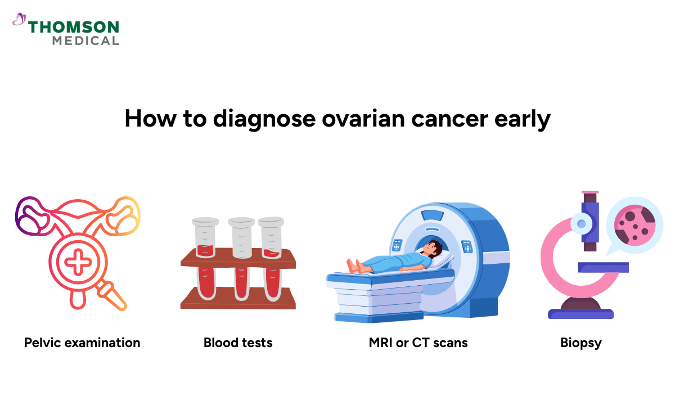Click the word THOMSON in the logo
click(x=74, y=27)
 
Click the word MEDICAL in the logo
click(x=85, y=40)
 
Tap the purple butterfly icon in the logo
click(x=19, y=20)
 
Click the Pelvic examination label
click(x=82, y=342)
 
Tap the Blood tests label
click(x=238, y=342)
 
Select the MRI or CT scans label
click(x=418, y=342)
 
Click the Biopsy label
click(x=580, y=342)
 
